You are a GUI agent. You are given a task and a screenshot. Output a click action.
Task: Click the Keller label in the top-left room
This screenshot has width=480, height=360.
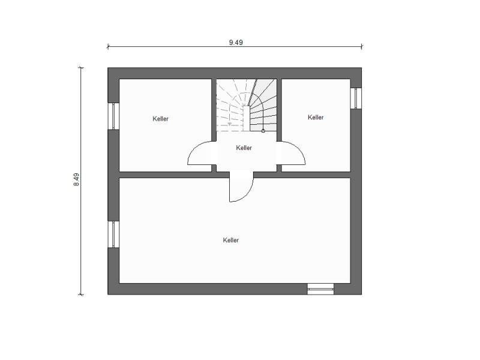(160, 119)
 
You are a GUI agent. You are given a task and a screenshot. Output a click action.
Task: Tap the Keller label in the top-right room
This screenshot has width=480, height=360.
(316, 117)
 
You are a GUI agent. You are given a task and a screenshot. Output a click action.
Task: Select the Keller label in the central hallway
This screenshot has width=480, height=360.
(244, 148)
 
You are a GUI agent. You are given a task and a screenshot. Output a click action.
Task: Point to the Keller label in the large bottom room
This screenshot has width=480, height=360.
(231, 241)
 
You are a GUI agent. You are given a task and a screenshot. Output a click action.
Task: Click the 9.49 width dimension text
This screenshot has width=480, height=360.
(236, 43)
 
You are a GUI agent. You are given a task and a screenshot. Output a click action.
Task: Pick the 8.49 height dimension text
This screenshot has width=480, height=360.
(77, 179)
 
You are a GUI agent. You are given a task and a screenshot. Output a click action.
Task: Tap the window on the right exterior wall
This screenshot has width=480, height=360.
(356, 98)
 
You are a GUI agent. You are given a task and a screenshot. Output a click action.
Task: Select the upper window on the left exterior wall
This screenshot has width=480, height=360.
(113, 116)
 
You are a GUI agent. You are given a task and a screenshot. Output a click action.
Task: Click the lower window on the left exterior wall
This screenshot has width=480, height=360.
(113, 235)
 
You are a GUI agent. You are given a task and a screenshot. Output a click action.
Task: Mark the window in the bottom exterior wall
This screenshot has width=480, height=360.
(320, 289)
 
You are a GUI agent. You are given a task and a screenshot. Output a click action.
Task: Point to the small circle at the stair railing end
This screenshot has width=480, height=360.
(263, 131)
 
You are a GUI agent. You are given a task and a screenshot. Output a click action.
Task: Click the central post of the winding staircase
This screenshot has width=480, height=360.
(247, 118)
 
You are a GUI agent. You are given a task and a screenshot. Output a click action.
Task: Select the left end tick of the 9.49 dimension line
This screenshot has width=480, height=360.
(108, 47)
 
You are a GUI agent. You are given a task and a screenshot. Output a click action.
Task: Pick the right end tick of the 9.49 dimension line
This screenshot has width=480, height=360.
(362, 47)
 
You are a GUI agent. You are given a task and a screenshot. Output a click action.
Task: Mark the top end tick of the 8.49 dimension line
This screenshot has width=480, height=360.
(81, 68)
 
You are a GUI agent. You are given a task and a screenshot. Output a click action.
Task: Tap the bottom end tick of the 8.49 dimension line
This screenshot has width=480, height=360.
(81, 295)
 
